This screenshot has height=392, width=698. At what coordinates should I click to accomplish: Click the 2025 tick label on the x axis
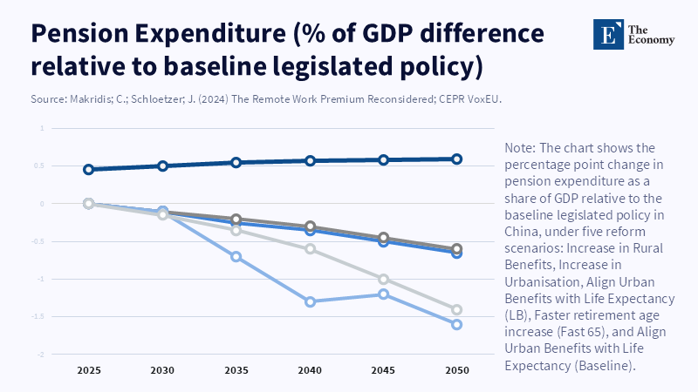(88, 370)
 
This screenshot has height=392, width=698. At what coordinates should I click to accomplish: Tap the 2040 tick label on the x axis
(309, 370)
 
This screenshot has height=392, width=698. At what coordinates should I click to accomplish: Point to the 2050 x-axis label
(456, 370)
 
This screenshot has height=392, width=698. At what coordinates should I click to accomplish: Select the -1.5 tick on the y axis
(41, 317)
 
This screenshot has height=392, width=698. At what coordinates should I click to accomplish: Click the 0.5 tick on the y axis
(41, 166)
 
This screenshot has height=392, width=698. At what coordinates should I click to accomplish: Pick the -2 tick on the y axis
(41, 355)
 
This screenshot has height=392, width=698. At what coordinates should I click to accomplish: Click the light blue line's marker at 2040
(309, 301)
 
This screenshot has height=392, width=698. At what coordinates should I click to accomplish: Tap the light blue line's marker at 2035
(236, 257)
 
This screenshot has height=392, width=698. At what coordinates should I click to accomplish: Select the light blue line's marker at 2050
(456, 324)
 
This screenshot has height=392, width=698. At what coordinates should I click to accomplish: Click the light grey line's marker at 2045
(383, 279)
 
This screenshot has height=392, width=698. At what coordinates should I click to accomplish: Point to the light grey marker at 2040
(309, 249)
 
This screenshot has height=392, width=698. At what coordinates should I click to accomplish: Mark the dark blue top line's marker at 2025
(88, 170)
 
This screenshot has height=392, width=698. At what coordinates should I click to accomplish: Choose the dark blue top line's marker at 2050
(456, 159)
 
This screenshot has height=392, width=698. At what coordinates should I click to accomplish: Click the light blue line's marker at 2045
(383, 294)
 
